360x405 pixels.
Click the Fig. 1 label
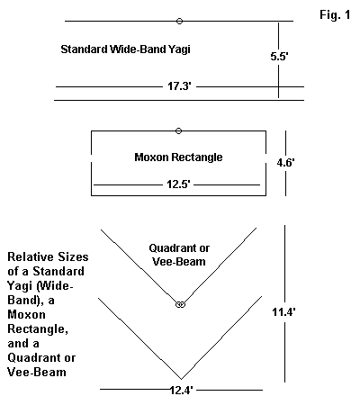coord(335,15)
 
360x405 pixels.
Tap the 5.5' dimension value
coord(279,56)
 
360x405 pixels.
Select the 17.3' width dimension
coord(179,86)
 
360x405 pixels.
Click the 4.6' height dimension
coord(285,163)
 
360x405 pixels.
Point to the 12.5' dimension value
coord(178,184)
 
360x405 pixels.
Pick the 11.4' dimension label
coord(283,312)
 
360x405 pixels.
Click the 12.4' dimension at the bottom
coord(181,391)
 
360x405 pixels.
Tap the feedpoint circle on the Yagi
coord(179,21)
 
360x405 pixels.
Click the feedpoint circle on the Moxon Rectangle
coord(178,130)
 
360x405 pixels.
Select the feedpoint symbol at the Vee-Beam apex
coord(180,304)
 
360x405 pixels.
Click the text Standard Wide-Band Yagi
coord(125,49)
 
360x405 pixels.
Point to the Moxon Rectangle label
coord(178,157)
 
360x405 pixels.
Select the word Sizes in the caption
coord(73,256)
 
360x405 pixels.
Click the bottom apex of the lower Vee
coord(181,379)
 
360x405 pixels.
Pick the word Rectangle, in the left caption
coord(38,329)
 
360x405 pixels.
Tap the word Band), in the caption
coord(27,300)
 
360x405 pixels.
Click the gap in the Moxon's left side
coord(91,158)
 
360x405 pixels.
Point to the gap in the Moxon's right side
coord(265,158)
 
